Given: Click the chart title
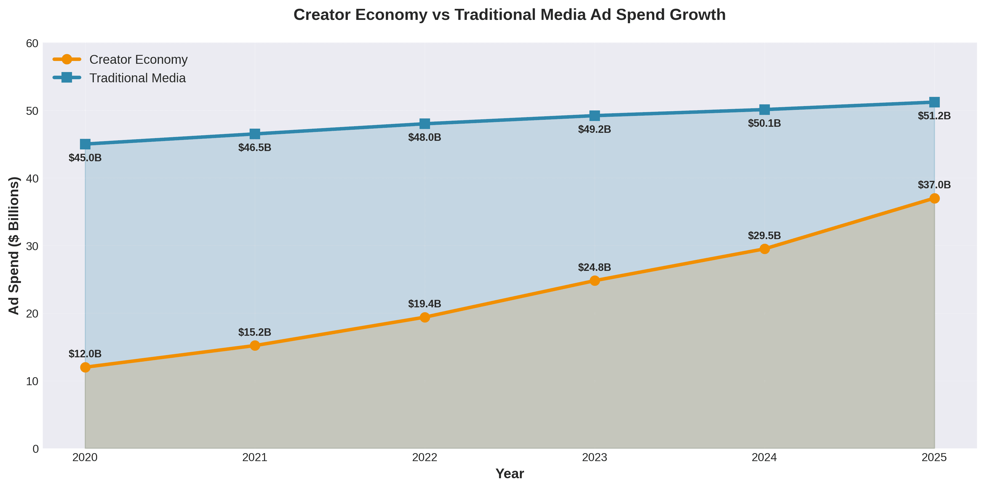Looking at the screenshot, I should pos(509,15).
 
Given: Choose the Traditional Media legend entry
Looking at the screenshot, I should pos(137,78).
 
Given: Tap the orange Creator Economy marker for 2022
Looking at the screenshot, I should pos(425,317).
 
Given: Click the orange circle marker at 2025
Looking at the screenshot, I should pos(934,198).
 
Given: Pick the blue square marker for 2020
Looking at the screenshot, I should pos(85,144).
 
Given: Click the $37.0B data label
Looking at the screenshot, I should pos(934,185).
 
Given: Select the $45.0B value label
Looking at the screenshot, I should pos(85,158).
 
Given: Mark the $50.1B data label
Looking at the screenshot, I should pos(764,123).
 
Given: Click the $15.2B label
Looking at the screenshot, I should pos(255,332).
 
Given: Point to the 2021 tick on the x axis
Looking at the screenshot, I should pos(255,458).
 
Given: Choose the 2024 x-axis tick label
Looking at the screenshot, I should pos(764,458).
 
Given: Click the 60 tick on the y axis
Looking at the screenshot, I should pos(32,43).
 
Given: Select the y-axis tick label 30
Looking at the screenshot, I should pos(32,246).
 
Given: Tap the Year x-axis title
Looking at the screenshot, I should pos(509,474).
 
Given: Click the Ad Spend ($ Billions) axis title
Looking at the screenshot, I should pos(14,246).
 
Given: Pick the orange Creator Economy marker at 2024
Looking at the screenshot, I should pos(764,249).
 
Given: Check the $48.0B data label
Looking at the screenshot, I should pos(425,137).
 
